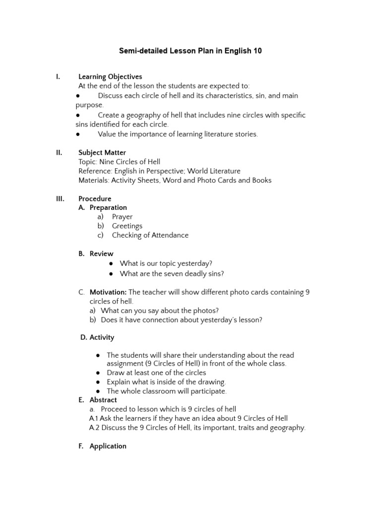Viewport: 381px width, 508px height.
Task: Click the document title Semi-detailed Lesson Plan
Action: click(190, 51)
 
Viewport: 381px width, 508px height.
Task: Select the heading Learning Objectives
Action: click(110, 76)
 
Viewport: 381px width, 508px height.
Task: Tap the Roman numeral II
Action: click(59, 152)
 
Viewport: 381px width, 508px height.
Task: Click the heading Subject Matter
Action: click(102, 152)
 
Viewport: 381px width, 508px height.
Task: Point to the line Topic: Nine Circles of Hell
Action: click(119, 162)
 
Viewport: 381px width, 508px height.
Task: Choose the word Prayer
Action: click(122, 217)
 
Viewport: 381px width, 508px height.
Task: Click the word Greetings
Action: click(127, 226)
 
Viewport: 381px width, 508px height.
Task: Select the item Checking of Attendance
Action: click(150, 235)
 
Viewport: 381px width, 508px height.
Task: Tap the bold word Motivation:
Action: click(108, 292)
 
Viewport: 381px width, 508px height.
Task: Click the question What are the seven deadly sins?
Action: click(172, 273)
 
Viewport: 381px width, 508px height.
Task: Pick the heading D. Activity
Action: click(97, 337)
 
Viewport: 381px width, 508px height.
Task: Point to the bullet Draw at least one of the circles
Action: click(156, 373)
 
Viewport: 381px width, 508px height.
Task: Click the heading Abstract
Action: click(103, 400)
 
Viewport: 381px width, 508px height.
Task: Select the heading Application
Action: click(108, 446)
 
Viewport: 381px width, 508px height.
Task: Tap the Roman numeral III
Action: click(59, 198)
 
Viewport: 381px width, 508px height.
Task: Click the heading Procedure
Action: click(95, 198)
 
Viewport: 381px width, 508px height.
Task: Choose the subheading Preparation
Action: click(108, 207)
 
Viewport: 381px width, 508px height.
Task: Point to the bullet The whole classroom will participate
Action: click(166, 391)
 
